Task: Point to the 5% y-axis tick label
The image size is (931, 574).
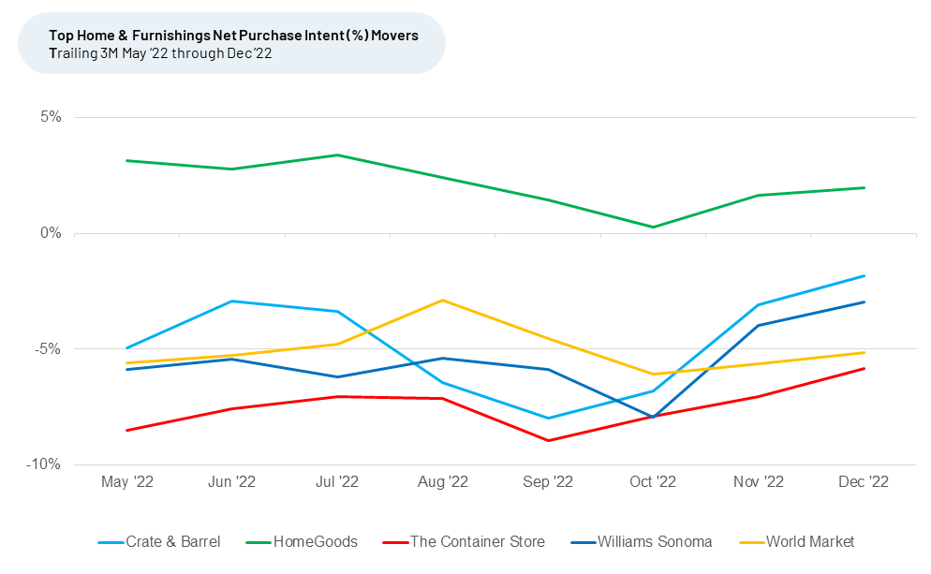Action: [50, 117]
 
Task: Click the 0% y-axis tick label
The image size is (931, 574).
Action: [50, 233]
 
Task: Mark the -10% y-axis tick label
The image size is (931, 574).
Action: [45, 464]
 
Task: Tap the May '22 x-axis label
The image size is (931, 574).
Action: [126, 482]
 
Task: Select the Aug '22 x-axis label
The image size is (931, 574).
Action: [442, 482]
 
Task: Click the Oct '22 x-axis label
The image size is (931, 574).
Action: [653, 482]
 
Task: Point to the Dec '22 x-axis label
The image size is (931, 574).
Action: [864, 482]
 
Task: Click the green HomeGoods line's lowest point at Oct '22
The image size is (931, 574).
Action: [653, 227]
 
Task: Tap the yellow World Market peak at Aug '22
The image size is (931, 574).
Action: [442, 300]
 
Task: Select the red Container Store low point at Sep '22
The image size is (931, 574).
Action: [548, 440]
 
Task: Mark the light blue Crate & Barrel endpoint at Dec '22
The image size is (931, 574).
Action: [864, 275]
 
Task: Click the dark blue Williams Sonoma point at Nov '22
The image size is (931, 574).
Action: [759, 325]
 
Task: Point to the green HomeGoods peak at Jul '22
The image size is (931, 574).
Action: [337, 155]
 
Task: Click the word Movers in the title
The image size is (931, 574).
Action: [394, 36]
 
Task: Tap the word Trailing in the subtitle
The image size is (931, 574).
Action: [74, 52]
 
